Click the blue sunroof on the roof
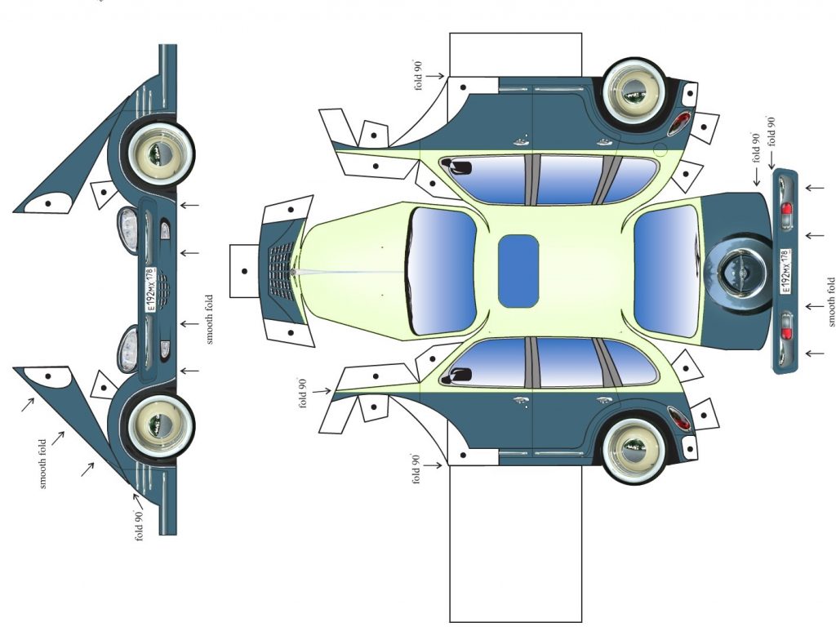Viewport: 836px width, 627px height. (518, 271)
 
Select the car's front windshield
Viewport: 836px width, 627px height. (442, 271)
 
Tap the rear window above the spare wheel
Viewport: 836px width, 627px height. (667, 271)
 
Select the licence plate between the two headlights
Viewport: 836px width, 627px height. (150, 290)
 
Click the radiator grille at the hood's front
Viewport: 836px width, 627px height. (282, 271)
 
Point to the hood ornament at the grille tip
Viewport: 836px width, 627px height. (293, 272)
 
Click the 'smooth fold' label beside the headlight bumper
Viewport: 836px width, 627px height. (209, 319)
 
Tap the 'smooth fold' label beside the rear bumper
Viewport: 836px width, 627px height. (830, 302)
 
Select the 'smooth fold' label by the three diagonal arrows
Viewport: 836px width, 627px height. (43, 464)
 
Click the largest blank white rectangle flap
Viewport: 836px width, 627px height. (516, 543)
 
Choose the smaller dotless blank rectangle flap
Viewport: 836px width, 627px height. (516, 55)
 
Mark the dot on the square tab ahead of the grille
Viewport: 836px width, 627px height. (244, 271)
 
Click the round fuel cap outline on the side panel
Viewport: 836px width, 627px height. (660, 150)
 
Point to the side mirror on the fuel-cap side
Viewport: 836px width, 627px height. (456, 166)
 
